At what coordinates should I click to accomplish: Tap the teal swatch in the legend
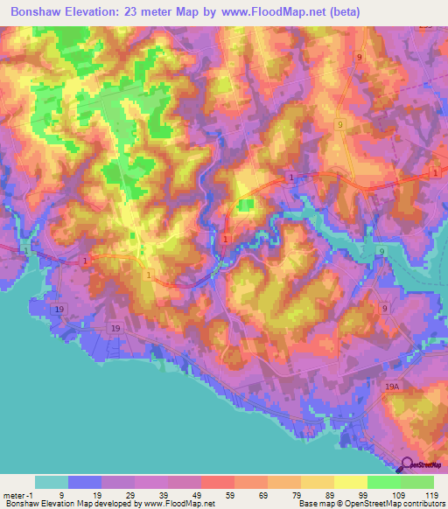pos(52,482)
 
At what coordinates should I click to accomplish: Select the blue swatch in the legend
pos(85,482)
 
